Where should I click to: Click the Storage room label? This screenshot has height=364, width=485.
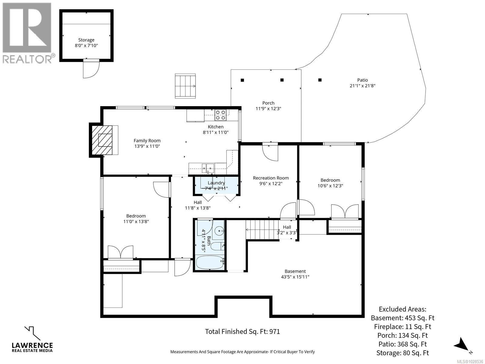tap(86, 40)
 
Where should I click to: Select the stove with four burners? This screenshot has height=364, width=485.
tap(220, 115)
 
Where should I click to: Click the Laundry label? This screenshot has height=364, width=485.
tap(216, 183)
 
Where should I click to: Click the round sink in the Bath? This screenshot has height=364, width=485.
tap(219, 231)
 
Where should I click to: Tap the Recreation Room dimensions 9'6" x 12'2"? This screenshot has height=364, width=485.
tap(271, 184)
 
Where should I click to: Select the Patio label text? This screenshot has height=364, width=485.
tap(362, 80)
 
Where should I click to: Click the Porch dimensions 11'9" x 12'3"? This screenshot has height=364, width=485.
tap(268, 109)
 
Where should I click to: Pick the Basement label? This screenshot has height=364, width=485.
tap(295, 271)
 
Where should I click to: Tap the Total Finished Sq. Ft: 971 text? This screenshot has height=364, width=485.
tap(242, 332)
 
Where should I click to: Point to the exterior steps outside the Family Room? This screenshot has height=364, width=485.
tap(185, 86)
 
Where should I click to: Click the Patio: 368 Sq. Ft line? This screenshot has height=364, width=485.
tap(402, 344)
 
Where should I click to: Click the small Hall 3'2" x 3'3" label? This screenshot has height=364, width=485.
tap(287, 230)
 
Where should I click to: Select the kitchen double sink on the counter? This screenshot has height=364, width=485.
tap(208, 167)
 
